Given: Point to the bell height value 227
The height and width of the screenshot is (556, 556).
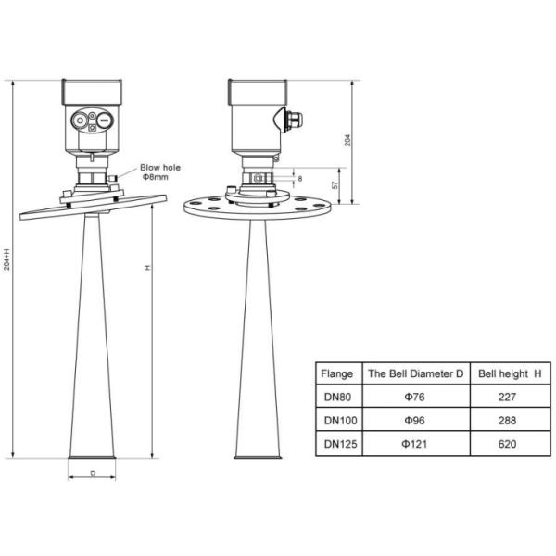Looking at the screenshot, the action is point(509,397).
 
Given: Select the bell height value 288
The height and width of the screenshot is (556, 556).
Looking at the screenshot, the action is point(509,420).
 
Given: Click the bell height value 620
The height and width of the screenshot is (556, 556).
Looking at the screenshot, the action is point(509,444).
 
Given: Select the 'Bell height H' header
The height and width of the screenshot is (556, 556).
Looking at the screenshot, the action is point(509,373).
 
